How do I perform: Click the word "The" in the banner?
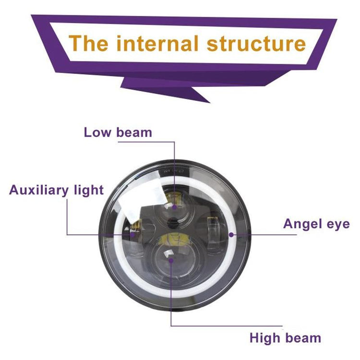[88, 43]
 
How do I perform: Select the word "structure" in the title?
[256, 43]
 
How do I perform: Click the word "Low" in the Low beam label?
[98, 132]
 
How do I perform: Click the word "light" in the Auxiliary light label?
[88, 190]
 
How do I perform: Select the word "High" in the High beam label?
[265, 337]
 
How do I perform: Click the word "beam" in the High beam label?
[302, 337]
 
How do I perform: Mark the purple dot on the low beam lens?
[174, 207]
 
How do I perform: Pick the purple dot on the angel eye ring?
[231, 235]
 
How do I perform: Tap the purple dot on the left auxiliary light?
[133, 235]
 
